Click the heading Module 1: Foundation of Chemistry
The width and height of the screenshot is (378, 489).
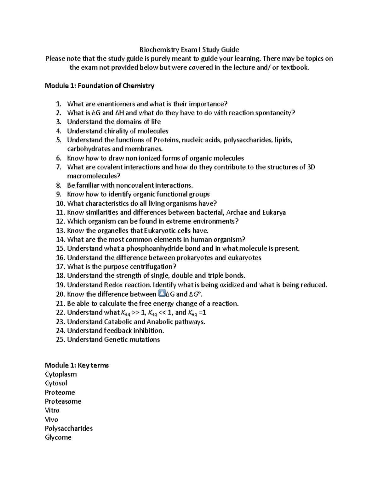[x=100, y=86]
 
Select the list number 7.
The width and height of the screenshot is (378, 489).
[x=59, y=167]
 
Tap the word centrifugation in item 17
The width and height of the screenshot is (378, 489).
[x=148, y=267]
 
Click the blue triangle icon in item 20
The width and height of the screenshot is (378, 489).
[x=161, y=294]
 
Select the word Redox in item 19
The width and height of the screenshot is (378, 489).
[x=112, y=285]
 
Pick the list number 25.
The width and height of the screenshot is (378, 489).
[x=60, y=340]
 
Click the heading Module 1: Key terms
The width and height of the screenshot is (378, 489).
[x=77, y=365]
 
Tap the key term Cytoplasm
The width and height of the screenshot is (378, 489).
[x=61, y=374]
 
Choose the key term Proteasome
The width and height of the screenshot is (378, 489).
[x=63, y=401]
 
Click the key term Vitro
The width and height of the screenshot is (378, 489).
[x=52, y=410]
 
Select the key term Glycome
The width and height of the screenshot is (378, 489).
[x=58, y=437]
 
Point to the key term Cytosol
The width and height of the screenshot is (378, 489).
[x=56, y=383]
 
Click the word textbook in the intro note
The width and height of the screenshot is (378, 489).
[x=295, y=68]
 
